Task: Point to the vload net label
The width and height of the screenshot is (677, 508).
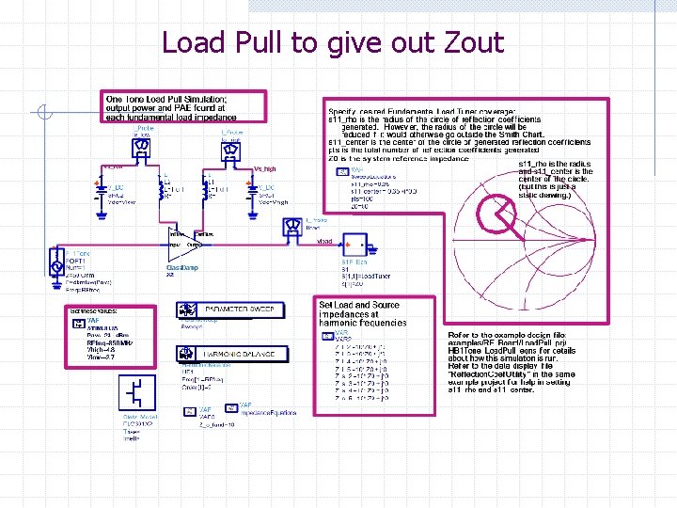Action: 325,242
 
